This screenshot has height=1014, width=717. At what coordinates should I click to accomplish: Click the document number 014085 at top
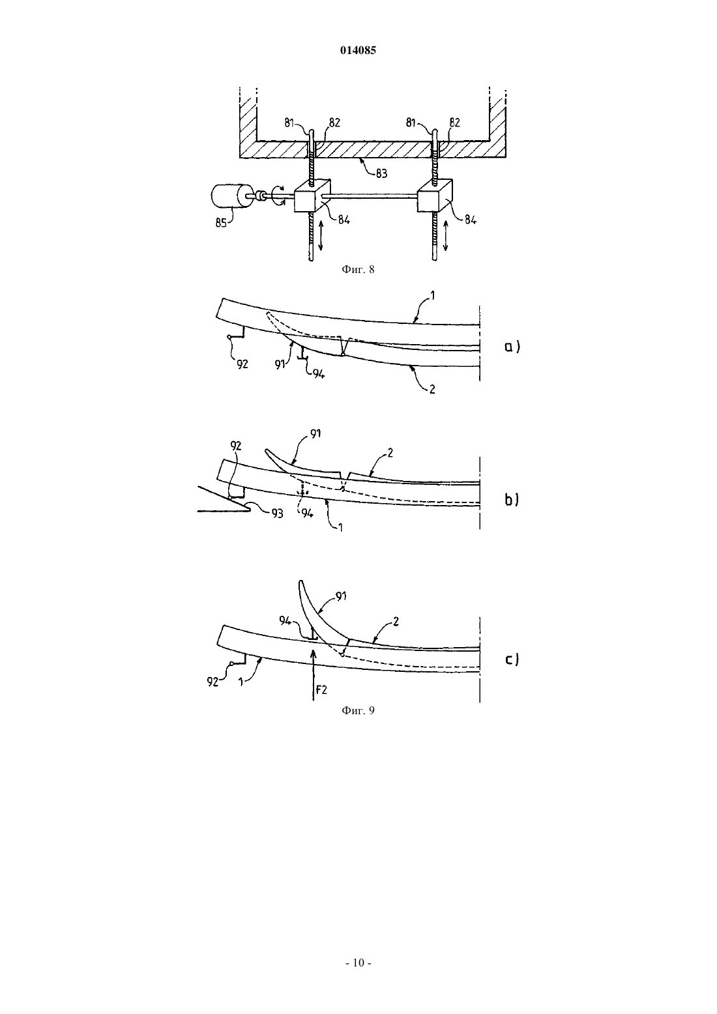pos(358,50)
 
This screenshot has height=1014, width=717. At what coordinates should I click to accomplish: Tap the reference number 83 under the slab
pos(381,173)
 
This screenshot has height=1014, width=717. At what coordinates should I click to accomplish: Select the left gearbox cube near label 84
pos(312,196)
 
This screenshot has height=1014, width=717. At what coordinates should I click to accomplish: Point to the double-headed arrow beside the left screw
pos(321,235)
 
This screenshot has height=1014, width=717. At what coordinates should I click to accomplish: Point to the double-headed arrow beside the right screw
pos(445,235)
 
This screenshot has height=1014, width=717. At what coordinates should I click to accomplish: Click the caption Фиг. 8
pos(358,270)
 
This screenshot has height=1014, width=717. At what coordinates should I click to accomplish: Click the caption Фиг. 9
pos(358,710)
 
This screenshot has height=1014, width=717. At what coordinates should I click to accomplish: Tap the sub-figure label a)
pos(512,347)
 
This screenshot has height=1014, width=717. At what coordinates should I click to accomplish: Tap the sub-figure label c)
pos(512,659)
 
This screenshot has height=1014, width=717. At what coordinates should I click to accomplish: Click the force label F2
pos(321,690)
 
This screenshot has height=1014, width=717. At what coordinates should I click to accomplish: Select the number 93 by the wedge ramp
pos(277,513)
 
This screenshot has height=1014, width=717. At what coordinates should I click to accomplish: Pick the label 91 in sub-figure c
pos(341,596)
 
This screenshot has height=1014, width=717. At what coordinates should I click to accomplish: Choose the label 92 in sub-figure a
pos(242,364)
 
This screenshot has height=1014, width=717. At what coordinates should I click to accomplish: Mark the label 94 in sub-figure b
pos(308,514)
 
